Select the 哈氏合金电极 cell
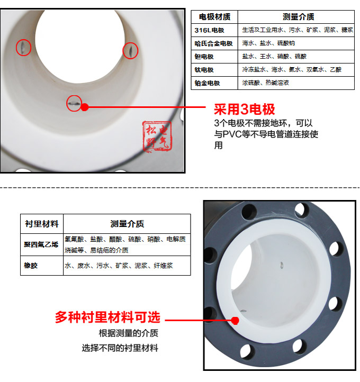coord(214,43)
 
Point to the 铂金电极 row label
coord(208,83)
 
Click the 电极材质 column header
coord(214,17)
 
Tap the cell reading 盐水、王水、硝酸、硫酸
coord(274,56)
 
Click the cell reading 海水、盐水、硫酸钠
coord(268,43)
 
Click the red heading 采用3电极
coord(244,110)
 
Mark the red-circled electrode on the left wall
coord(23,48)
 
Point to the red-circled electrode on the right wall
coord(130,50)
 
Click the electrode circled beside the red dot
coord(74,103)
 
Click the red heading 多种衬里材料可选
coord(107,317)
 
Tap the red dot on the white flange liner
coord(235,320)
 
